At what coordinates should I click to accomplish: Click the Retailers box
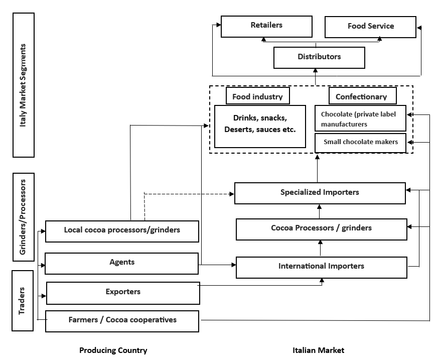[x=266, y=26]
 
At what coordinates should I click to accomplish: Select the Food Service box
[x=370, y=27]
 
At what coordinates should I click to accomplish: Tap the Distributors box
[x=319, y=57]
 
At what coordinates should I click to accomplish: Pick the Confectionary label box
[x=361, y=96]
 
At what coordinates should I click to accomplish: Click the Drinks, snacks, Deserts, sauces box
[x=260, y=126]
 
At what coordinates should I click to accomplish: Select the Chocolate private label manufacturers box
[x=360, y=118]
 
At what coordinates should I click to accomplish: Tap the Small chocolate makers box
[x=360, y=143]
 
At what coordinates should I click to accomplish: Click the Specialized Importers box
[x=320, y=193]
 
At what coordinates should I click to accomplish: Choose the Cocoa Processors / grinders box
[x=321, y=228]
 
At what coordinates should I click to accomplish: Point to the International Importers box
[x=321, y=267]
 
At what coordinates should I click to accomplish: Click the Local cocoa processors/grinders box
[x=122, y=231]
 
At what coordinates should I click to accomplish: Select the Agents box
[x=122, y=263]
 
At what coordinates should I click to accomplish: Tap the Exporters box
[x=123, y=293]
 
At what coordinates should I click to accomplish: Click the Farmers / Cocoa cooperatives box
[x=122, y=321]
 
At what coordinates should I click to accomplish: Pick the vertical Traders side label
[x=22, y=300]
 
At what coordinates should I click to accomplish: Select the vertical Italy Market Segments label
[x=22, y=84]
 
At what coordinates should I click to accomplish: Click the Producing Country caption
[x=113, y=350]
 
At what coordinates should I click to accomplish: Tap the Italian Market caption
[x=319, y=350]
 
